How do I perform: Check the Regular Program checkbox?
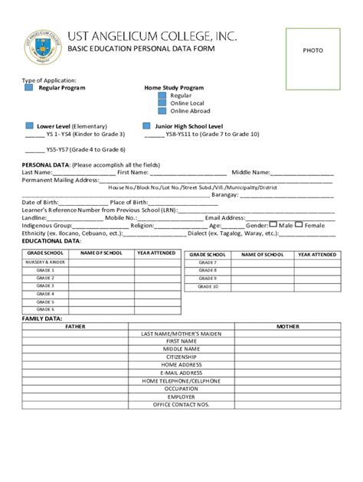click(x=28, y=88)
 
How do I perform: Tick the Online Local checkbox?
click(x=162, y=103)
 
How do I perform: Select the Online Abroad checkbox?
click(x=162, y=111)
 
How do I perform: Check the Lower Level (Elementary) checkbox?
click(x=28, y=125)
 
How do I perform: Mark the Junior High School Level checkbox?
click(x=146, y=125)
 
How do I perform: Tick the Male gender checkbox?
click(x=273, y=225)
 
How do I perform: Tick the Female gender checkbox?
click(x=299, y=225)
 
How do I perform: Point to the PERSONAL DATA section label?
click(x=46, y=164)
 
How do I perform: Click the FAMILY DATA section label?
click(x=42, y=318)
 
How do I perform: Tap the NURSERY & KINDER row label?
click(x=45, y=262)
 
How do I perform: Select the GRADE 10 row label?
click(x=208, y=286)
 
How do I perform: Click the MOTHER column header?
click(x=287, y=326)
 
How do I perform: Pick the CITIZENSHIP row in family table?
click(x=181, y=357)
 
